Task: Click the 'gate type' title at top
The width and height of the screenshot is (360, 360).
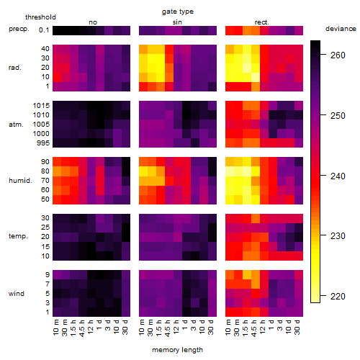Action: click(178, 12)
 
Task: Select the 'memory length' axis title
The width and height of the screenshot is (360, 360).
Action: click(177, 350)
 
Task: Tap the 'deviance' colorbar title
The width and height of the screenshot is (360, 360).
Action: click(341, 29)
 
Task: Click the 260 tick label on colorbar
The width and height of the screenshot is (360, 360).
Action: click(338, 55)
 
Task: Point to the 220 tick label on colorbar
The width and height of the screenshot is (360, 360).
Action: click(338, 297)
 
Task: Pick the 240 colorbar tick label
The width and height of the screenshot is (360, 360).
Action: click(338, 176)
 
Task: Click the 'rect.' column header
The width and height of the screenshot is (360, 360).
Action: click(262, 22)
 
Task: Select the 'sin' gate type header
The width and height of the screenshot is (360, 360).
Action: click(177, 22)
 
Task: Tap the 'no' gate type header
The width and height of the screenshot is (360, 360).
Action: click(93, 22)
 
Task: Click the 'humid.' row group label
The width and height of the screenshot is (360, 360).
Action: click(20, 181)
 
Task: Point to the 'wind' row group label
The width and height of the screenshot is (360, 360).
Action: click(17, 294)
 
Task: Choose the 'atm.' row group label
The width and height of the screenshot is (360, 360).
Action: click(16, 125)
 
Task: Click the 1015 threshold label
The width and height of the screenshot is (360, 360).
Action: click(41, 106)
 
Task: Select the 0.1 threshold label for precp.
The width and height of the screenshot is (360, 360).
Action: click(44, 30)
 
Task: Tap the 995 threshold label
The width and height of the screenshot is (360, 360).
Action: click(43, 143)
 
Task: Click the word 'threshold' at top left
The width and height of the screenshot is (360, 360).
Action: click(40, 17)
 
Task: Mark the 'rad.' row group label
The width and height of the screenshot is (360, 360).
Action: click(15, 68)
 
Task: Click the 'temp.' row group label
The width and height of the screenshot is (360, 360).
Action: click(18, 236)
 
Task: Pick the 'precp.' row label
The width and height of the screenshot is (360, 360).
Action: click(19, 29)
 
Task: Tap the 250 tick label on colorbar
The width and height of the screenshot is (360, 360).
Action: click(338, 116)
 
